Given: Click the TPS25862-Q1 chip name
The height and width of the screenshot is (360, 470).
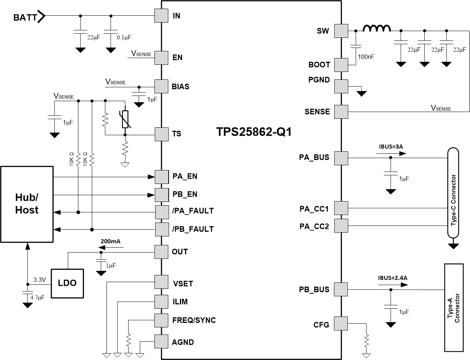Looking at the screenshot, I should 254,132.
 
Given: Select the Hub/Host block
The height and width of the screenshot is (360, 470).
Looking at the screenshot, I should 27,204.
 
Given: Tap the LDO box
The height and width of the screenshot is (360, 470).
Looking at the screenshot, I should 67,283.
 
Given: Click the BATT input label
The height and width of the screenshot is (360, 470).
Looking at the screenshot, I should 25,17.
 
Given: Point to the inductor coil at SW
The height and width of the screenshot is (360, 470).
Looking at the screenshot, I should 377,29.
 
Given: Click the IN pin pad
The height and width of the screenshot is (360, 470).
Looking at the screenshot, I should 161,16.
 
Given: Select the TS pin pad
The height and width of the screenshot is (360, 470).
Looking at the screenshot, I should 161,134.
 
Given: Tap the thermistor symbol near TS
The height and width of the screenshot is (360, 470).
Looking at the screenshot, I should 125,119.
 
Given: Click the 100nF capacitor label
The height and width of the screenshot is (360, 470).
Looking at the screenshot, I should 366,57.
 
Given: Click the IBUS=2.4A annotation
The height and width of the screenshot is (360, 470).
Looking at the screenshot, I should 392,278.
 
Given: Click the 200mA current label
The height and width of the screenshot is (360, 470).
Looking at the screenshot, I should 110,242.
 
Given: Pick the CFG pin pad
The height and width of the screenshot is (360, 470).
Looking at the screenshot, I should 341,324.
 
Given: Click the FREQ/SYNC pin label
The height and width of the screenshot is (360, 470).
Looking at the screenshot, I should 194,320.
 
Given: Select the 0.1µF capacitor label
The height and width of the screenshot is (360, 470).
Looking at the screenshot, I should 124,37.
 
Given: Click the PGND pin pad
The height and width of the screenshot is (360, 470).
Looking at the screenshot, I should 341,86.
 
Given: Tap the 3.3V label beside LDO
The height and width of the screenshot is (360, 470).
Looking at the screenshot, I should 39,279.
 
